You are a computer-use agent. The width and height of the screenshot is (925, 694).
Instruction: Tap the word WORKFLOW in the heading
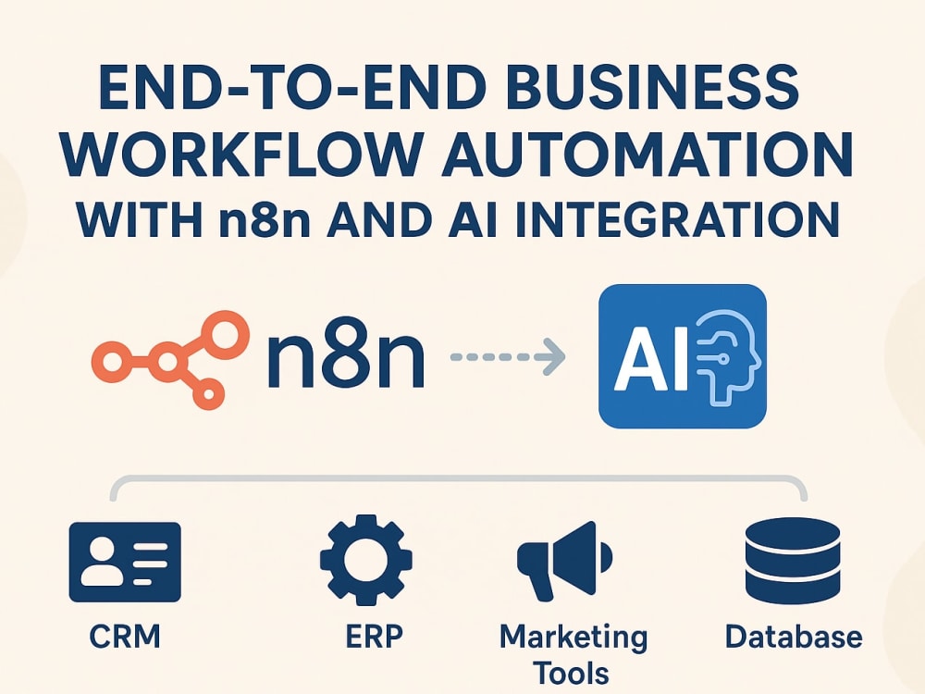pyautogui.click(x=241, y=154)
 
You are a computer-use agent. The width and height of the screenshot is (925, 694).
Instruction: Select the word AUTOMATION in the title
pyautogui.click(x=647, y=154)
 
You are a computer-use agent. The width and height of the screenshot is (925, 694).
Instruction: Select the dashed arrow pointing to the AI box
pyautogui.click(x=508, y=356)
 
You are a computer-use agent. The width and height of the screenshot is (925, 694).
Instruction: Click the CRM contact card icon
pyautogui.click(x=125, y=562)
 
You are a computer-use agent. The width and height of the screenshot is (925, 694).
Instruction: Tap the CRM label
pyautogui.click(x=125, y=637)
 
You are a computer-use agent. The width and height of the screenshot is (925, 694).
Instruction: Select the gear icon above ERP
pyautogui.click(x=365, y=560)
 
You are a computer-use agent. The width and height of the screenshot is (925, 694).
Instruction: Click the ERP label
pyautogui.click(x=374, y=637)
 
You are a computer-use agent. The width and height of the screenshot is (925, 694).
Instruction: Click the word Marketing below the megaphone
pyautogui.click(x=573, y=638)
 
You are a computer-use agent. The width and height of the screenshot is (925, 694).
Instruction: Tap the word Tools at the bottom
pyautogui.click(x=571, y=674)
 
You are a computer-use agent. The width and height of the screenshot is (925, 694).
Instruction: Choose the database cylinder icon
pyautogui.click(x=793, y=559)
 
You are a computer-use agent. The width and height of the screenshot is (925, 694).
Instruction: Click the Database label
pyautogui.click(x=794, y=637)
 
